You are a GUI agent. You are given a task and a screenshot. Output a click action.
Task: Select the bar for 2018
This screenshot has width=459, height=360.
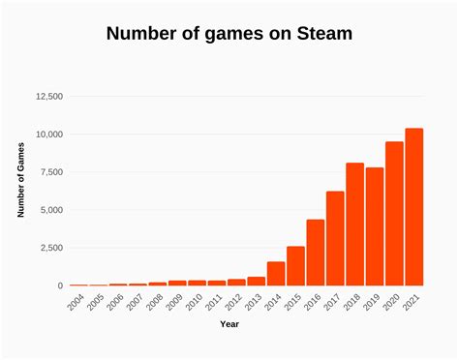(x=354, y=225)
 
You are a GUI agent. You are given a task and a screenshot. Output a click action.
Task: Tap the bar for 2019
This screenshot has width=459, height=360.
(x=374, y=226)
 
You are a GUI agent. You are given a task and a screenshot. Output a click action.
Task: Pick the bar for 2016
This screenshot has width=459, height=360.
(x=315, y=253)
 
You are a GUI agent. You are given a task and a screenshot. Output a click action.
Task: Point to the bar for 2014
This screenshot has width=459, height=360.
(x=276, y=274)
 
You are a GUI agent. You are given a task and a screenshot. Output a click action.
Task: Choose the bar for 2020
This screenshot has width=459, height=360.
(x=394, y=214)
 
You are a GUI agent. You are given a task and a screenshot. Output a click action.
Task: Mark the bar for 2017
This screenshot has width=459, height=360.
(x=335, y=238)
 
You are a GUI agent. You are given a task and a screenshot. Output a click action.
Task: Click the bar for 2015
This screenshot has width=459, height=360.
(x=295, y=266)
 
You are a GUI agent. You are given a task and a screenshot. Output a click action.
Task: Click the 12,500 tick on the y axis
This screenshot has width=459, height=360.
(x=49, y=97)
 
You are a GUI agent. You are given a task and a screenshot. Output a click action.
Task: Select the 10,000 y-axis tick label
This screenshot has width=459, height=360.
(x=49, y=135)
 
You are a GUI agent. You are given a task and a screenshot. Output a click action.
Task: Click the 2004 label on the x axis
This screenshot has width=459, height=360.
(x=75, y=304)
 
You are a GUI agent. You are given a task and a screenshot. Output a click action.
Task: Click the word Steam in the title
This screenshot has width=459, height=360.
(x=319, y=35)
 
